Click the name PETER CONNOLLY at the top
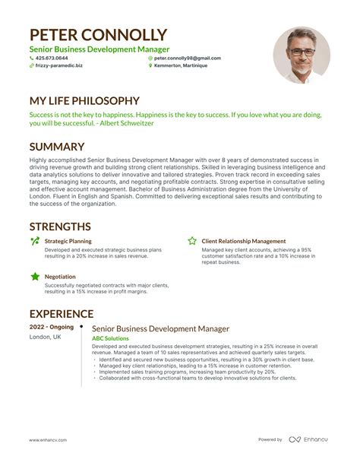pyautogui.click(x=98, y=35)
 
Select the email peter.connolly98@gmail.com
pyautogui.click(x=187, y=58)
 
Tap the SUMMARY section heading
pyautogui.click(x=56, y=147)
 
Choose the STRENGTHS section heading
pyautogui.click(x=60, y=227)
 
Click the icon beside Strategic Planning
pyautogui.click(x=34, y=241)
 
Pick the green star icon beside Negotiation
pyautogui.click(x=34, y=277)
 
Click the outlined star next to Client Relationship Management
pyautogui.click(x=192, y=241)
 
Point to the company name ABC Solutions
pyautogui.click(x=110, y=338)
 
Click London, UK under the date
pyautogui.click(x=46, y=338)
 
